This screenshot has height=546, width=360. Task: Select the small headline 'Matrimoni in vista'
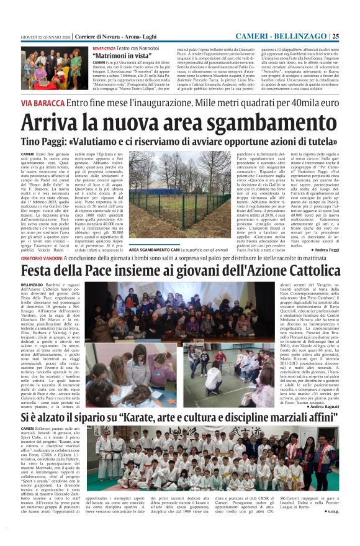115,56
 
